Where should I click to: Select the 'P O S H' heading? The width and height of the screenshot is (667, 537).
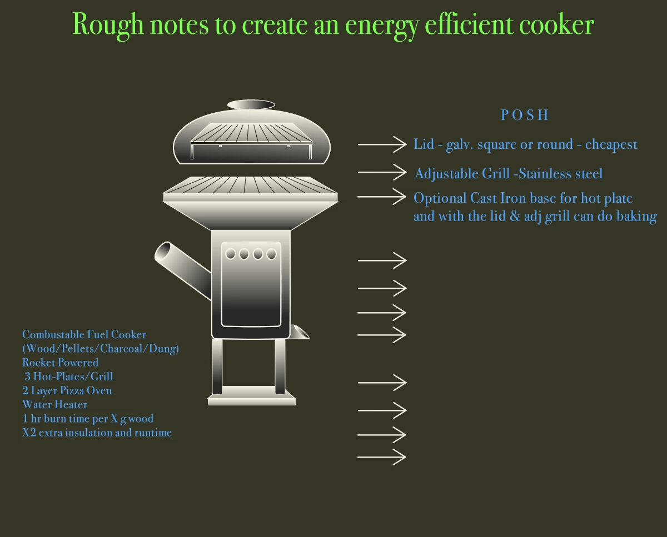point(524,115)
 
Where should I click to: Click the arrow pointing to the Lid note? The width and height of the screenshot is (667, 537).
point(382,144)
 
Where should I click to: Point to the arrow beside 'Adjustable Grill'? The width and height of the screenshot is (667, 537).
point(382,173)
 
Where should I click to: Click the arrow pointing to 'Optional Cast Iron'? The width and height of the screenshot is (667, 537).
point(382,197)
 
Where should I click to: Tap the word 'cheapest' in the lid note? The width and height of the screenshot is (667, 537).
point(611,145)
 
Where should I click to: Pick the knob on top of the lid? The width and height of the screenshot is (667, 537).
point(251,104)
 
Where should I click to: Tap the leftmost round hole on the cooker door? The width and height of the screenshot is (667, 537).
point(231,254)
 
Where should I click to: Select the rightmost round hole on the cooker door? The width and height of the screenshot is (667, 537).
point(271,254)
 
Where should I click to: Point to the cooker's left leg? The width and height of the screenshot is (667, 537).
point(217,366)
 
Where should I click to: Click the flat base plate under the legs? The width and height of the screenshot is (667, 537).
point(251,399)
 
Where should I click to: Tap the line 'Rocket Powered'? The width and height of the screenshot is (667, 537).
point(60,363)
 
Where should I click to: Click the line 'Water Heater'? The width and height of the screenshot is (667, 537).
point(54,404)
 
